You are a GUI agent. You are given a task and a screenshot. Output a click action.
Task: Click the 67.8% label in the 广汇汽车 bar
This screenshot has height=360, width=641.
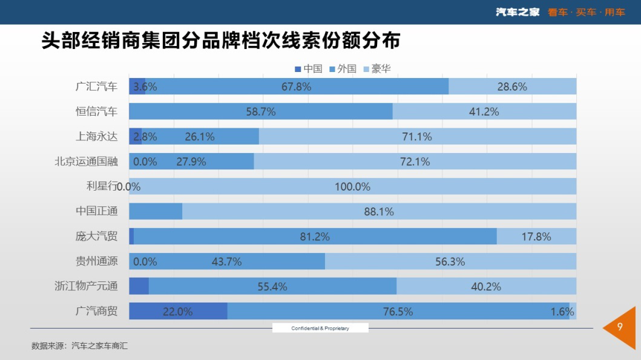[x=297, y=87]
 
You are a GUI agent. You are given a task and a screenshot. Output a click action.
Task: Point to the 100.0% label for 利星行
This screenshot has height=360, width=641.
[x=352, y=186]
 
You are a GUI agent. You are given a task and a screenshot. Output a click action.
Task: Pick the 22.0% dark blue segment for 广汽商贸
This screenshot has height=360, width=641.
[x=178, y=312]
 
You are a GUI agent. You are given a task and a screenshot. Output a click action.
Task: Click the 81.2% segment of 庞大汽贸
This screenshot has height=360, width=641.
[x=315, y=237]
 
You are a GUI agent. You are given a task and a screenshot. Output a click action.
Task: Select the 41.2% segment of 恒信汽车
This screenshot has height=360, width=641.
[x=484, y=111]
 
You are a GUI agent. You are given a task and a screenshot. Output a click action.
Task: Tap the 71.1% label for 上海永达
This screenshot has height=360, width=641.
[x=417, y=137]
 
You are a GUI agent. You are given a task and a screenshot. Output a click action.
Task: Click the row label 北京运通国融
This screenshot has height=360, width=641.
[x=86, y=162]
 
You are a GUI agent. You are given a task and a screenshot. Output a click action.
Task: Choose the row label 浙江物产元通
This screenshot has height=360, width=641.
[x=86, y=286]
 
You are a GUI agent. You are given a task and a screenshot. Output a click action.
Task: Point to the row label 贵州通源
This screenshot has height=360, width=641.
[x=96, y=261]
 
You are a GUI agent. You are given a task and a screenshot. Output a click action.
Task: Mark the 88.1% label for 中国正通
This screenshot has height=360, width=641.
[x=379, y=212]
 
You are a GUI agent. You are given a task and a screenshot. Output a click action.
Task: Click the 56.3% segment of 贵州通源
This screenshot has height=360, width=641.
[x=450, y=261]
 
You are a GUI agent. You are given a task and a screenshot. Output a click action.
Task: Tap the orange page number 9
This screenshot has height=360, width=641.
[x=620, y=327]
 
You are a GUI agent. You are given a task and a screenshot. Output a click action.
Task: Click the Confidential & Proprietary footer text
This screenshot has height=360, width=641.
[x=320, y=328]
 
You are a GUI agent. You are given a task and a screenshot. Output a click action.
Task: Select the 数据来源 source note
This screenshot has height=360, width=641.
[x=79, y=346]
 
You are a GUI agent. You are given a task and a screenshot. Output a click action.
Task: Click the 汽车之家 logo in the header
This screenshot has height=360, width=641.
[x=518, y=12]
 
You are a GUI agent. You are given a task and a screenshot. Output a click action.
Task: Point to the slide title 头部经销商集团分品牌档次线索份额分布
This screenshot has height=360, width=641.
[x=221, y=41]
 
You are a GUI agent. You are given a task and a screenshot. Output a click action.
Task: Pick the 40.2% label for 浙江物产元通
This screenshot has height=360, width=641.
[x=486, y=286]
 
